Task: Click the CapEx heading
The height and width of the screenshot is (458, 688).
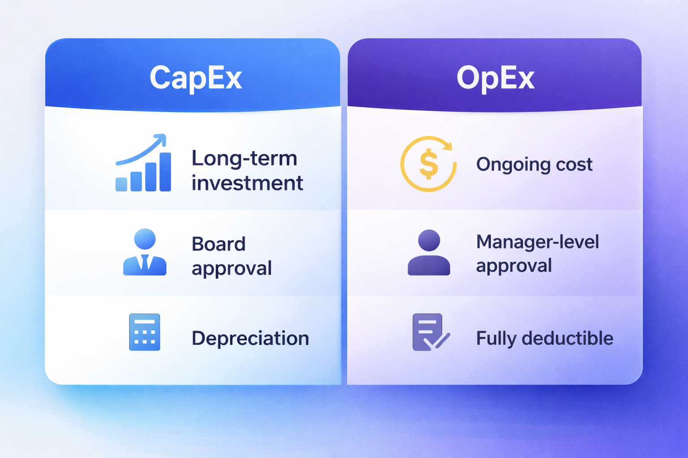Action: point(196,78)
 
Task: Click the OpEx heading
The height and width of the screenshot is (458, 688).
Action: point(495,78)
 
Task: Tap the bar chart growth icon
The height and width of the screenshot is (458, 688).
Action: point(143,163)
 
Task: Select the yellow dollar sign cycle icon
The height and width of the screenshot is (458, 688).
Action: point(429,164)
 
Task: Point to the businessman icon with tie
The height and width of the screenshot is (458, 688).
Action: point(145,252)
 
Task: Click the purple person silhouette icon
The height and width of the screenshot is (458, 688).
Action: point(429,252)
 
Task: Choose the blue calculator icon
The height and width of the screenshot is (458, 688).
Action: point(145,332)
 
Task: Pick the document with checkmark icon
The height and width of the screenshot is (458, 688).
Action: point(431,332)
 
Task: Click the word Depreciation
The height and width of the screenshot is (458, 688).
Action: point(250,338)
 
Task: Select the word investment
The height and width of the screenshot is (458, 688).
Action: point(247,183)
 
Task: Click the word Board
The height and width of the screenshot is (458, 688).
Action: point(219,244)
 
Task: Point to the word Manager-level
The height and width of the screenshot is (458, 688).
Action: point(537,242)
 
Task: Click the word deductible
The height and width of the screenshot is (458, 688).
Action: point(568,338)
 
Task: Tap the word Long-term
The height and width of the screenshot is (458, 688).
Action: point(245,158)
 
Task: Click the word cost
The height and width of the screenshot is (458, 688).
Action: point(574,165)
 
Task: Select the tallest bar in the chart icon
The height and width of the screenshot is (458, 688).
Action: point(165,172)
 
